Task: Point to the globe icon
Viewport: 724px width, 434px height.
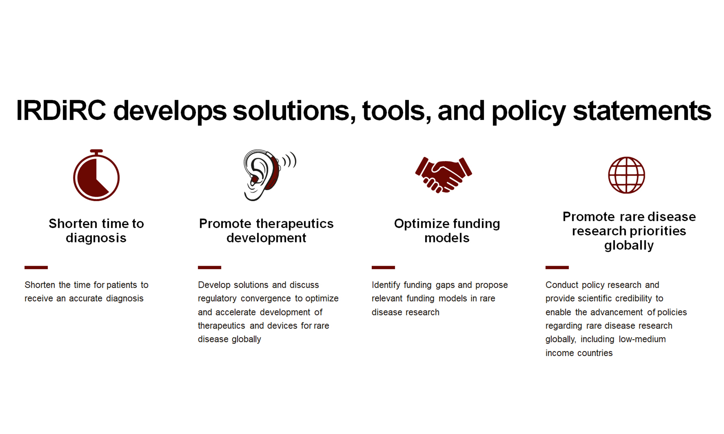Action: coord(626,175)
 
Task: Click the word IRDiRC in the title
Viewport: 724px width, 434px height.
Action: coord(61,110)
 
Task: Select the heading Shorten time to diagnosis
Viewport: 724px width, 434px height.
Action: coord(96,231)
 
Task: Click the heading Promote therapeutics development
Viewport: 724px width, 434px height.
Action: coord(266,231)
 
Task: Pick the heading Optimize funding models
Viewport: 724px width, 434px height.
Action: coord(447,231)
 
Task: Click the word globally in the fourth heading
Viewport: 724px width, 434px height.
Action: coord(629,245)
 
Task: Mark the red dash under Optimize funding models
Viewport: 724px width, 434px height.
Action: coord(383,267)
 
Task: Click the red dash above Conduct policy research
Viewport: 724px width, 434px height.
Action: coord(557,267)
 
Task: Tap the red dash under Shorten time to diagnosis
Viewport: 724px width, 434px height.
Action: coord(36,267)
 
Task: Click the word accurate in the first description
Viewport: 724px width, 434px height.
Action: coord(86,298)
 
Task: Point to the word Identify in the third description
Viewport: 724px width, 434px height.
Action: coord(386,285)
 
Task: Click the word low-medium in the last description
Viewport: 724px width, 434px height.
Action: coord(642,339)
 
